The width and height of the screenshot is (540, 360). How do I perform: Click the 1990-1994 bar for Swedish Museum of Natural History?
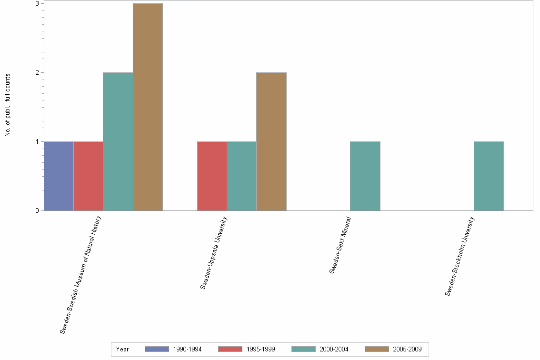tap(59, 176)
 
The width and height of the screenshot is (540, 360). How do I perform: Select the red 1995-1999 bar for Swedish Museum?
tap(88, 176)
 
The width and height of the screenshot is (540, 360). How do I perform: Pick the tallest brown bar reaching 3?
tap(148, 107)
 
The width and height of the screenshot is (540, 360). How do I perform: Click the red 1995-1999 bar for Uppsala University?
tap(212, 176)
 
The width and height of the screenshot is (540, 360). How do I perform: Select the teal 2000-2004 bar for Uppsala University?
tap(241, 176)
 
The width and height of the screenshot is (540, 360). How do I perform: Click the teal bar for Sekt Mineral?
tap(365, 176)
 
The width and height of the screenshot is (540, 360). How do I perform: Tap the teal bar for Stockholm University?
tap(489, 176)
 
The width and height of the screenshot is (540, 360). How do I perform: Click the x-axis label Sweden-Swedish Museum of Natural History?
tap(81, 274)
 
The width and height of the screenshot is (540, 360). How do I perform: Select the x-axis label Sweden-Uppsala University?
tap(214, 252)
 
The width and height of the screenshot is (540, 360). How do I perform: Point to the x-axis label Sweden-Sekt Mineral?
tap(340, 245)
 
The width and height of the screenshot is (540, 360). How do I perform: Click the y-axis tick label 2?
tap(36, 72)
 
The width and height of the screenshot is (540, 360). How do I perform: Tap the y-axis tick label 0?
tap(36, 210)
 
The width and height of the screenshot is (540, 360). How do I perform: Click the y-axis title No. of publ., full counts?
tap(7, 105)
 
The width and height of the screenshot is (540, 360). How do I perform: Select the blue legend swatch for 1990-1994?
tap(157, 349)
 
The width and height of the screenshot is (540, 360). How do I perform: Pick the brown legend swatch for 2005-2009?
tap(377, 349)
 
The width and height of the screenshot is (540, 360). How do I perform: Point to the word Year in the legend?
tap(122, 349)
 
